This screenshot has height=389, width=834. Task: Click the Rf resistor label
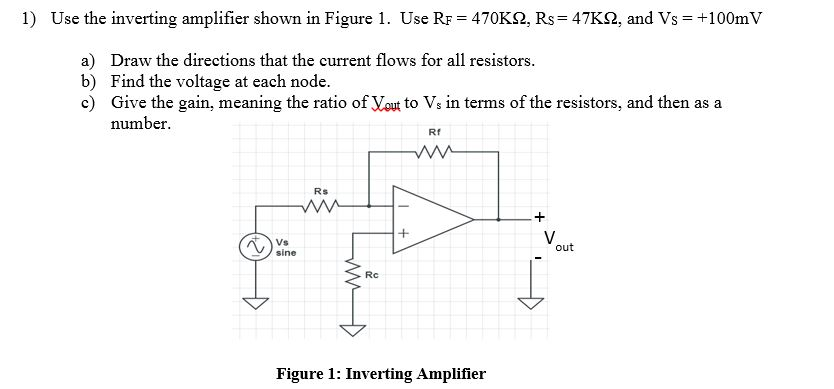(x=433, y=133)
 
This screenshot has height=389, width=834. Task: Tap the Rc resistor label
(x=371, y=273)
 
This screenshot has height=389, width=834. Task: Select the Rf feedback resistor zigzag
(x=434, y=153)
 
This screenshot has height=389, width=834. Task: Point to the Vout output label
(x=555, y=241)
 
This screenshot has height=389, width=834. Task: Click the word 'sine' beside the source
(x=286, y=253)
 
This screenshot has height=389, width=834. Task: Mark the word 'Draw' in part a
(x=130, y=61)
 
